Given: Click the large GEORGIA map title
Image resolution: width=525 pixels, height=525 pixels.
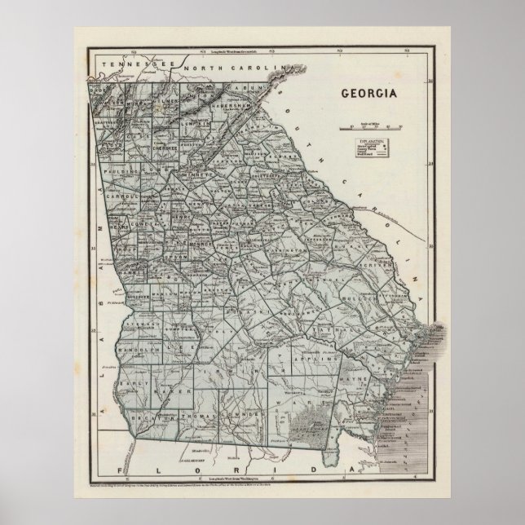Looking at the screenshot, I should click(x=364, y=92).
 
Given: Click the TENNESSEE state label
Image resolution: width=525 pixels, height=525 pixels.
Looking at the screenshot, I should click(x=127, y=63).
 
